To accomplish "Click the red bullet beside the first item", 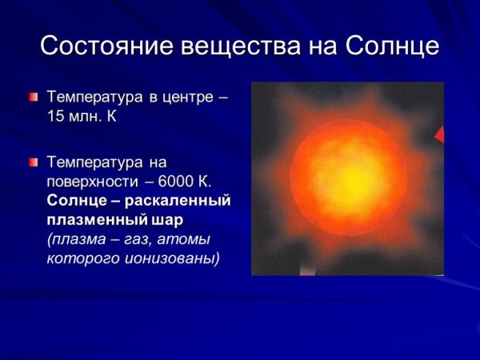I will click(33, 98).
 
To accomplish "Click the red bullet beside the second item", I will click(33, 162).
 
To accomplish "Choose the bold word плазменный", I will click(91, 219).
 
